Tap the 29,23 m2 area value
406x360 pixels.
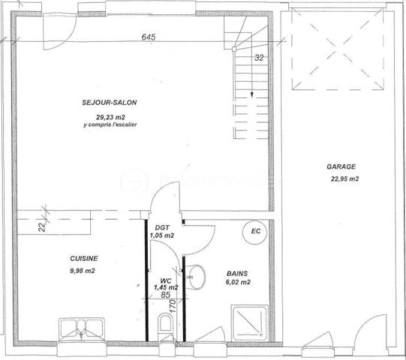pos(110,116)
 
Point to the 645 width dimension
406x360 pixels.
pos(149,37)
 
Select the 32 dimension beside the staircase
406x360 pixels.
pos(259,56)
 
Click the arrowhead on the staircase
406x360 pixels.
pos(251,94)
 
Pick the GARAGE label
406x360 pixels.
pos(341,167)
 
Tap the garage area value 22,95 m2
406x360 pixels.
pos(344,179)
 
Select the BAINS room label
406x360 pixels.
pos(238,274)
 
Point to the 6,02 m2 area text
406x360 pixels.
pos(238,283)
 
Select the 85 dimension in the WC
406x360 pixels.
pos(166,295)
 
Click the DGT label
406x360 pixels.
pos(163,227)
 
